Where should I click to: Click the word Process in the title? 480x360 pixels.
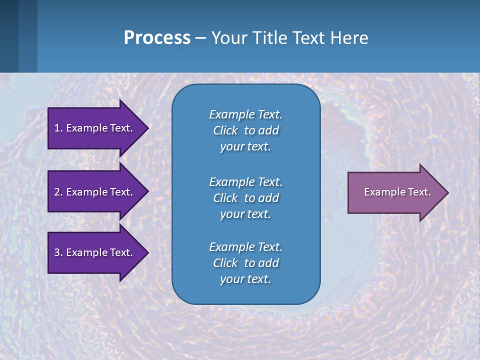coord(157,38)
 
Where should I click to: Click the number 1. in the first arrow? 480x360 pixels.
coord(58,128)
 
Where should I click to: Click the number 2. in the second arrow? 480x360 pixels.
coord(58,192)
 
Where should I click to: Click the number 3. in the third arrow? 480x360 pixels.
coord(58,252)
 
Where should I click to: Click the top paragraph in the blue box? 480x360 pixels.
coord(245,130)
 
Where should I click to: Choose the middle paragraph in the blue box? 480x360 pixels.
coord(245,197)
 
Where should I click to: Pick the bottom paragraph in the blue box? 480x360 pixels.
coord(245,263)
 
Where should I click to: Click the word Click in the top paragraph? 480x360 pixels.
coord(225,130)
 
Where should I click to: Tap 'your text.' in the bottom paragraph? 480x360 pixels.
coord(245,279)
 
